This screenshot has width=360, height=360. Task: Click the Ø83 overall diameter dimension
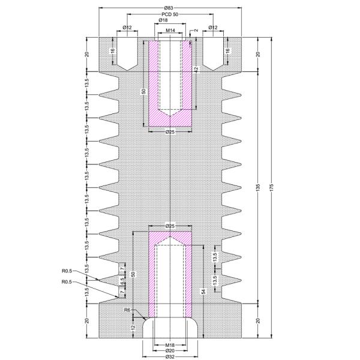pyautogui.click(x=170, y=6)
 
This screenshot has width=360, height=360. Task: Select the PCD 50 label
pyautogui.click(x=170, y=13)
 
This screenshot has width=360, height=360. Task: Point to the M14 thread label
pyautogui.click(x=170, y=30)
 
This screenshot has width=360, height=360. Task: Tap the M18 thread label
pyautogui.click(x=170, y=345)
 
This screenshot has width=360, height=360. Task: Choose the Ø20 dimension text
pyautogui.click(x=170, y=350)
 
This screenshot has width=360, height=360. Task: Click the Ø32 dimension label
pyautogui.click(x=170, y=357)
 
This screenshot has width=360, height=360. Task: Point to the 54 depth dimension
pyautogui.click(x=203, y=292)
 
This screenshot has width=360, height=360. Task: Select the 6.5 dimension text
pyautogui.click(x=122, y=280)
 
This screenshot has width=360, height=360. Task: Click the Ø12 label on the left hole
pyautogui.click(x=127, y=28)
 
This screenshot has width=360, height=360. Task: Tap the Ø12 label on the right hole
pyautogui.click(x=212, y=28)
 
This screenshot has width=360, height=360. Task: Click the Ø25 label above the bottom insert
pyautogui.click(x=170, y=226)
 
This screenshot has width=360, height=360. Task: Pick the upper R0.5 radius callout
pyautogui.click(x=67, y=271)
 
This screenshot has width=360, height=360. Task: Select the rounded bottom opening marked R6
pyautogui.click(x=170, y=327)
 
